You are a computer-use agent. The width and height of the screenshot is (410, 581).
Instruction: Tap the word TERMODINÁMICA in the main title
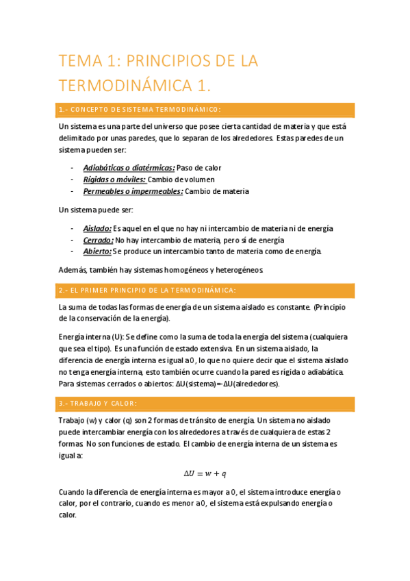click(126, 86)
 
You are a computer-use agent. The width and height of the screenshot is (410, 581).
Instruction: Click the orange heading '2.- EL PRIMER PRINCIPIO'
click(147, 290)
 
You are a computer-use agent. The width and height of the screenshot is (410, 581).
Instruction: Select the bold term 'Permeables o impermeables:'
click(133, 191)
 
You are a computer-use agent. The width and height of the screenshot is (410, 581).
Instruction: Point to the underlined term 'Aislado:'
click(97, 228)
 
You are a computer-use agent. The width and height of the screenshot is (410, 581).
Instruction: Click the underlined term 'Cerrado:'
click(98, 240)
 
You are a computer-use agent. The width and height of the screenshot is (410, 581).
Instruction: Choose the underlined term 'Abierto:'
click(97, 251)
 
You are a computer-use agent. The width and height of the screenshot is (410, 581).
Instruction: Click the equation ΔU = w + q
click(205, 473)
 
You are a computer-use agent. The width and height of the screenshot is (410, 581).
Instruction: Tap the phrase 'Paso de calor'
click(199, 167)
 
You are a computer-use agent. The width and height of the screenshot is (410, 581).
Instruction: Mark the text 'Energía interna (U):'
click(91, 336)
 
